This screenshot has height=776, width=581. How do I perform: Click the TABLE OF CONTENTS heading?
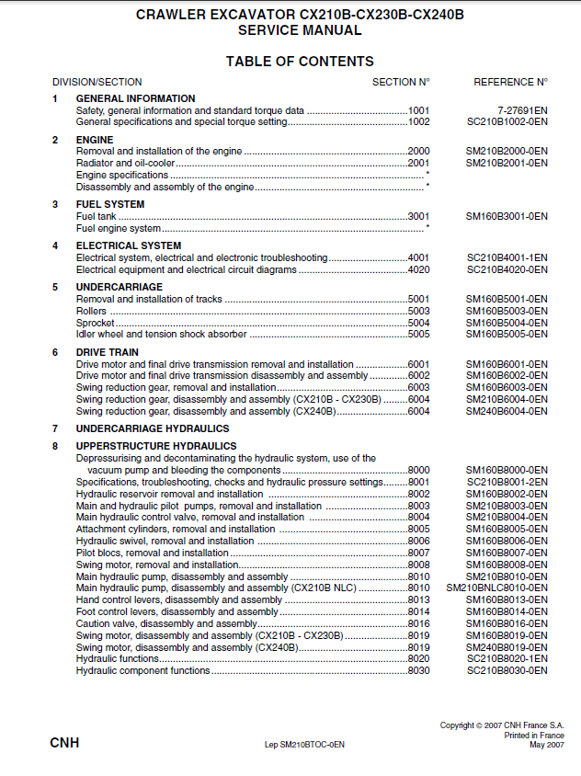(300, 62)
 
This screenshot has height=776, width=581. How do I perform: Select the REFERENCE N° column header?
(510, 82)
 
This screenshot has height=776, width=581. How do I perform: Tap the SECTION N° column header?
(401, 82)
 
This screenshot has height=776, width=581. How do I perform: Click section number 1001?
(419, 110)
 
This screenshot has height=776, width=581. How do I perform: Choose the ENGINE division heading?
(95, 140)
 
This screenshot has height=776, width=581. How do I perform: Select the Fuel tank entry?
(96, 216)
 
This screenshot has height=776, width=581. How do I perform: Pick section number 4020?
(419, 269)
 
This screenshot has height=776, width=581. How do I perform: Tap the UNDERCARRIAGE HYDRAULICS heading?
(153, 428)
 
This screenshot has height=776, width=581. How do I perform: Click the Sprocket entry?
(94, 323)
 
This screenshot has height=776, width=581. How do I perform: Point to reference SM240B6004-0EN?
(507, 411)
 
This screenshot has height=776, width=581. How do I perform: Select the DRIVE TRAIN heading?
(108, 352)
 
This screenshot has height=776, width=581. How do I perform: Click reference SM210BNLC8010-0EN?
(496, 588)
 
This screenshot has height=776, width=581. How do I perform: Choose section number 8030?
(419, 670)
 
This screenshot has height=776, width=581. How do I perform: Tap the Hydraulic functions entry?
(118, 658)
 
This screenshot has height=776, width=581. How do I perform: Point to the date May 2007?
(547, 745)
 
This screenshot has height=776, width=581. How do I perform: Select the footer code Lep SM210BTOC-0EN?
(304, 745)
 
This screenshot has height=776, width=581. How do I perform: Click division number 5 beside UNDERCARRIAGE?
(55, 287)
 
